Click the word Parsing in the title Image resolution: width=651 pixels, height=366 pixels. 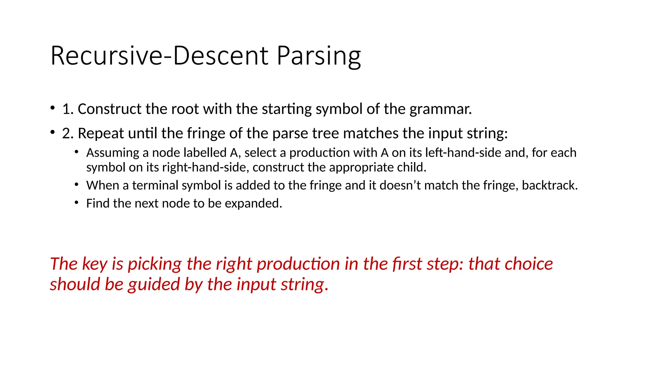click(x=319, y=56)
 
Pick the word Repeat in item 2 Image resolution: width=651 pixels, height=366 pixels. click(x=100, y=133)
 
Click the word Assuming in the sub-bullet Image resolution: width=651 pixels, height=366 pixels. click(x=113, y=153)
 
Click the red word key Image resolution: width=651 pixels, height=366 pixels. click(x=95, y=264)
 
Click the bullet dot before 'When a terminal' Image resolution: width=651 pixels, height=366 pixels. click(x=77, y=185)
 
